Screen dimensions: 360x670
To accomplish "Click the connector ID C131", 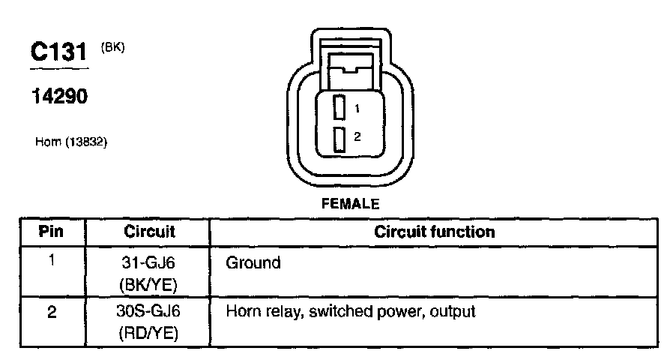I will pos(58,52).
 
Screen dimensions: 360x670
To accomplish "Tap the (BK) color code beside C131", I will pos(112,47).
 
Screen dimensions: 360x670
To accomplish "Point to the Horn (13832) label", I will pos(72,140).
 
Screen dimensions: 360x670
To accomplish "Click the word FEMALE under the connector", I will pos(350,203).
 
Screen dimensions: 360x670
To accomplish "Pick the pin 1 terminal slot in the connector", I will pos(339,108).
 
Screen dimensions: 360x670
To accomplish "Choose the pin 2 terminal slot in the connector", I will pos(339,139).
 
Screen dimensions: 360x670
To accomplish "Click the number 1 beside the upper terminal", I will pos(357,109).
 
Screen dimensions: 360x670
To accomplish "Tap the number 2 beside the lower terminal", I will pos(357,136).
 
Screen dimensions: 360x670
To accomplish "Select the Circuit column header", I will pos(149,232).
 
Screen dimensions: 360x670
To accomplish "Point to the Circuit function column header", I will pos(435,232).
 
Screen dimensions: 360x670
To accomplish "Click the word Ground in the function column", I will pos(253,263).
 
